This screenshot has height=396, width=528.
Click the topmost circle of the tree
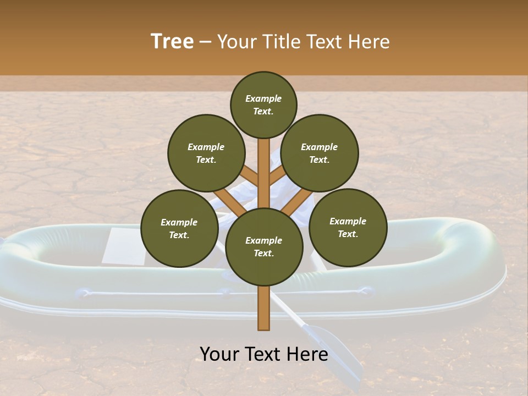(263, 105)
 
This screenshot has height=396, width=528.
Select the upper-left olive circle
(206, 153)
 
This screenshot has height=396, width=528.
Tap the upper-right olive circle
(320, 153)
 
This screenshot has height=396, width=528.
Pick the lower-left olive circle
(179, 228)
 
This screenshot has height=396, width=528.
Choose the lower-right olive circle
(348, 227)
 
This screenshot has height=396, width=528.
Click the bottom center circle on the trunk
(264, 246)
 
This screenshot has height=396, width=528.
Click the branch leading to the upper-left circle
(249, 176)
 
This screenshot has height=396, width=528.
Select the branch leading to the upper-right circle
(278, 176)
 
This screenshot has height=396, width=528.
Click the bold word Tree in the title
(172, 41)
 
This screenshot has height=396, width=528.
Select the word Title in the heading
(280, 41)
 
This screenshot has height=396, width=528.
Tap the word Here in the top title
(370, 41)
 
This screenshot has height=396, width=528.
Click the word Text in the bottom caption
(265, 354)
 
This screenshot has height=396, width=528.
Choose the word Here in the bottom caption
(308, 354)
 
